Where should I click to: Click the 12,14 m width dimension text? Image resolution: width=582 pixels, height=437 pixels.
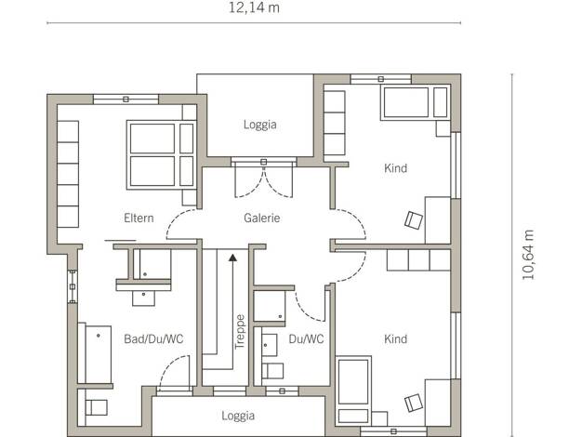tap(254, 7)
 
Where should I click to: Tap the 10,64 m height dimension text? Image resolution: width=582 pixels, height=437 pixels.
tap(528, 255)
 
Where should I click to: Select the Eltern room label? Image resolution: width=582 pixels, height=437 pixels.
tap(139, 218)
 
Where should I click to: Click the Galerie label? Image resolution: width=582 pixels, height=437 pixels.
tap(261, 218)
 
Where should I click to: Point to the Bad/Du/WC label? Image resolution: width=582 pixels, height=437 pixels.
tap(153, 339)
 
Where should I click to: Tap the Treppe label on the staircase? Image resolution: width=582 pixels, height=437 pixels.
tap(240, 332)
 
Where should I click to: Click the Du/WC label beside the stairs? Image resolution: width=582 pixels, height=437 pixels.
tap(306, 339)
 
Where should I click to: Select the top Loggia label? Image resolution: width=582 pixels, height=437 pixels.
tap(259, 125)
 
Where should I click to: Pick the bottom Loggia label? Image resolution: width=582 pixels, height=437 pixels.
tap(238, 416)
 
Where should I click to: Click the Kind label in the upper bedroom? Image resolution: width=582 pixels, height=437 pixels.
tap(395, 168)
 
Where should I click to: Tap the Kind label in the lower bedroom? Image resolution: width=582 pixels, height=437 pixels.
tap(395, 339)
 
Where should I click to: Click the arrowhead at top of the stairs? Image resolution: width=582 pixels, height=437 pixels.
tap(232, 258)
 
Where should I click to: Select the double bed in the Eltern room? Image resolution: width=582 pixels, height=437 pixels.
tap(161, 155)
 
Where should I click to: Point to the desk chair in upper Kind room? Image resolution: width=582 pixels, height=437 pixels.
tap(414, 220)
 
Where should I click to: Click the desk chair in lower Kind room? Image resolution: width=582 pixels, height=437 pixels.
tap(414, 403)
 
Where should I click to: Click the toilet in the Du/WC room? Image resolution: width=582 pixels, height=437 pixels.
tap(272, 371)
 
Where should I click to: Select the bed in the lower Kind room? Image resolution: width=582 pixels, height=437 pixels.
tap(353, 391)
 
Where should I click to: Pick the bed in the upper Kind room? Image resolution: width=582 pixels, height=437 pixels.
tap(416, 102)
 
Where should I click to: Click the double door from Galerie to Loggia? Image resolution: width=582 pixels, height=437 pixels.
tap(263, 179)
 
